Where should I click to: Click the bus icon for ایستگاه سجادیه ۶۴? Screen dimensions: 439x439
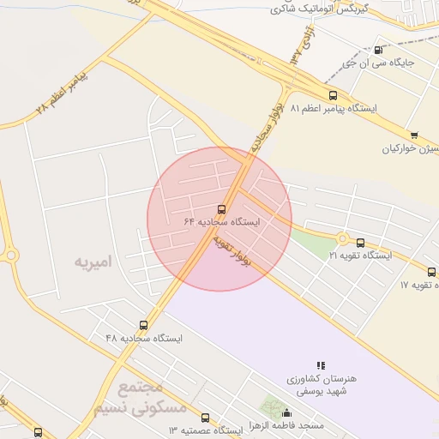(222, 209)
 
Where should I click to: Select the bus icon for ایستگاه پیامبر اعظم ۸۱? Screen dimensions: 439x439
(333, 96)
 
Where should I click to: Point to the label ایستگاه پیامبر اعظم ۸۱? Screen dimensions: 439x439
(334, 110)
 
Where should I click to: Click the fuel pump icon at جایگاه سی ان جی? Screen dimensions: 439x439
(379, 51)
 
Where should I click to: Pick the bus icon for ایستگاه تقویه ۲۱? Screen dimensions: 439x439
(360, 243)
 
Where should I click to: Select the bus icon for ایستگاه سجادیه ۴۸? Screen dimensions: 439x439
(143, 325)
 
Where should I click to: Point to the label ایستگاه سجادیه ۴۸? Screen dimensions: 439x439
(144, 338)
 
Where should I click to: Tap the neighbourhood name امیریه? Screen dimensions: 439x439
(93, 260)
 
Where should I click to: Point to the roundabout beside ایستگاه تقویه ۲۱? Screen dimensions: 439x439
(343, 238)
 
